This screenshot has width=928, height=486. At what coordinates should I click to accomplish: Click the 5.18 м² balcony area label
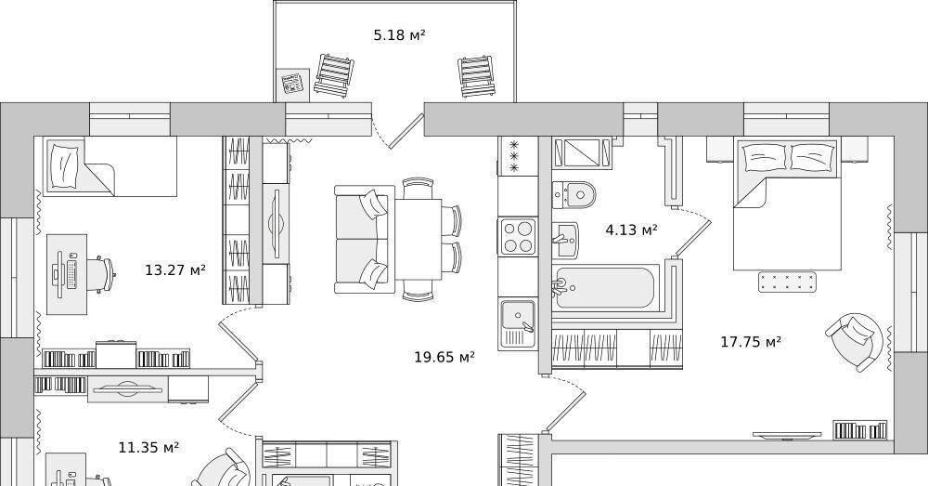tap(399, 35)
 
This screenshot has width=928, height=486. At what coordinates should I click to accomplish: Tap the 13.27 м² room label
tap(175, 270)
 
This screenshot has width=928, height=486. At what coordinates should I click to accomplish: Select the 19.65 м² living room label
tap(445, 357)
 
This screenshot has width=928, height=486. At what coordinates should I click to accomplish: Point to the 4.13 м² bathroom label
tap(631, 230)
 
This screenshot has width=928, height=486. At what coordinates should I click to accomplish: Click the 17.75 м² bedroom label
tap(751, 341)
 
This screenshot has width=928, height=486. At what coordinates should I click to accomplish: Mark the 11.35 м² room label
tap(148, 447)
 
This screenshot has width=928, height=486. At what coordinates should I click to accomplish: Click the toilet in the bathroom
tap(574, 194)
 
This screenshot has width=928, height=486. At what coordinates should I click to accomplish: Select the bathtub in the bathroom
tap(605, 288)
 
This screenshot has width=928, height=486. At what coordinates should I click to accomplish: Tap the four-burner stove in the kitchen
tap(518, 236)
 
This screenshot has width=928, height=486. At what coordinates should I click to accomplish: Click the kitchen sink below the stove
tap(518, 323)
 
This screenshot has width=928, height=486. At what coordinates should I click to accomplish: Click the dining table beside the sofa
tap(419, 240)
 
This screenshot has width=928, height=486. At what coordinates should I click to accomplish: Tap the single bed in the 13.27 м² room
tap(110, 166)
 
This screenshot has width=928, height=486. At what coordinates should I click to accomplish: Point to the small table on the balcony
tap(293, 85)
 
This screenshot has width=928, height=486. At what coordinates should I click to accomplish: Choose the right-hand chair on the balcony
tap(476, 76)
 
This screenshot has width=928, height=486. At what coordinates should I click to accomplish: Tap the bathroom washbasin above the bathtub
tap(566, 240)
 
